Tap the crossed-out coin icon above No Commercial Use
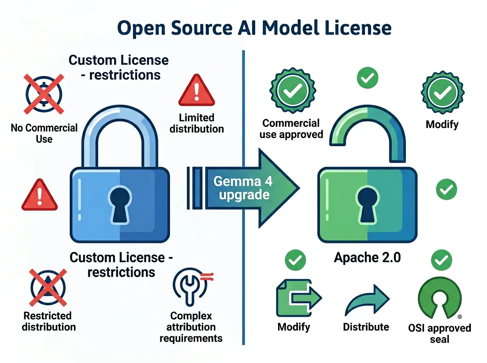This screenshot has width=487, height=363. (44, 94)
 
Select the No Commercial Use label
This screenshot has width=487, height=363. (44, 133)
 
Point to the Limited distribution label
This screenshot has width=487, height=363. (196, 123)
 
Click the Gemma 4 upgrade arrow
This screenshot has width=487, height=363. (243, 188)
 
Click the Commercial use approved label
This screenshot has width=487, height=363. (291, 128)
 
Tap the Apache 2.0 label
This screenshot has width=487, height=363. (367, 258)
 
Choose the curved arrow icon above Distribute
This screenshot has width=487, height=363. (366, 300)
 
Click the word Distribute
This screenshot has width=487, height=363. (366, 327)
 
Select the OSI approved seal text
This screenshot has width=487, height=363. (440, 333)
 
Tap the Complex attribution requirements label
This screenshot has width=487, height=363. (191, 327)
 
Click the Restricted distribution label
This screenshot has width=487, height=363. (47, 321)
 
